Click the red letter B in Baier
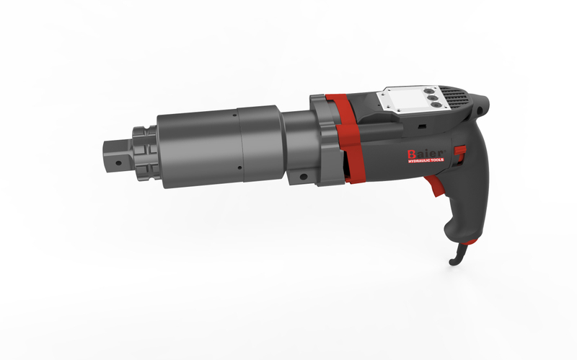tap(411, 154)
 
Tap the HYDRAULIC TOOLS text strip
tap(426, 160)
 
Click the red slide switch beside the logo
tap(460, 150)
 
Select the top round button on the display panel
tap(428, 91)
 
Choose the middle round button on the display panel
tap(432, 97)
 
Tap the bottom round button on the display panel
tap(436, 105)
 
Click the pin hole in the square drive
tap(118, 163)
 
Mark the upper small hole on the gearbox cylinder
tap(234, 115)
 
